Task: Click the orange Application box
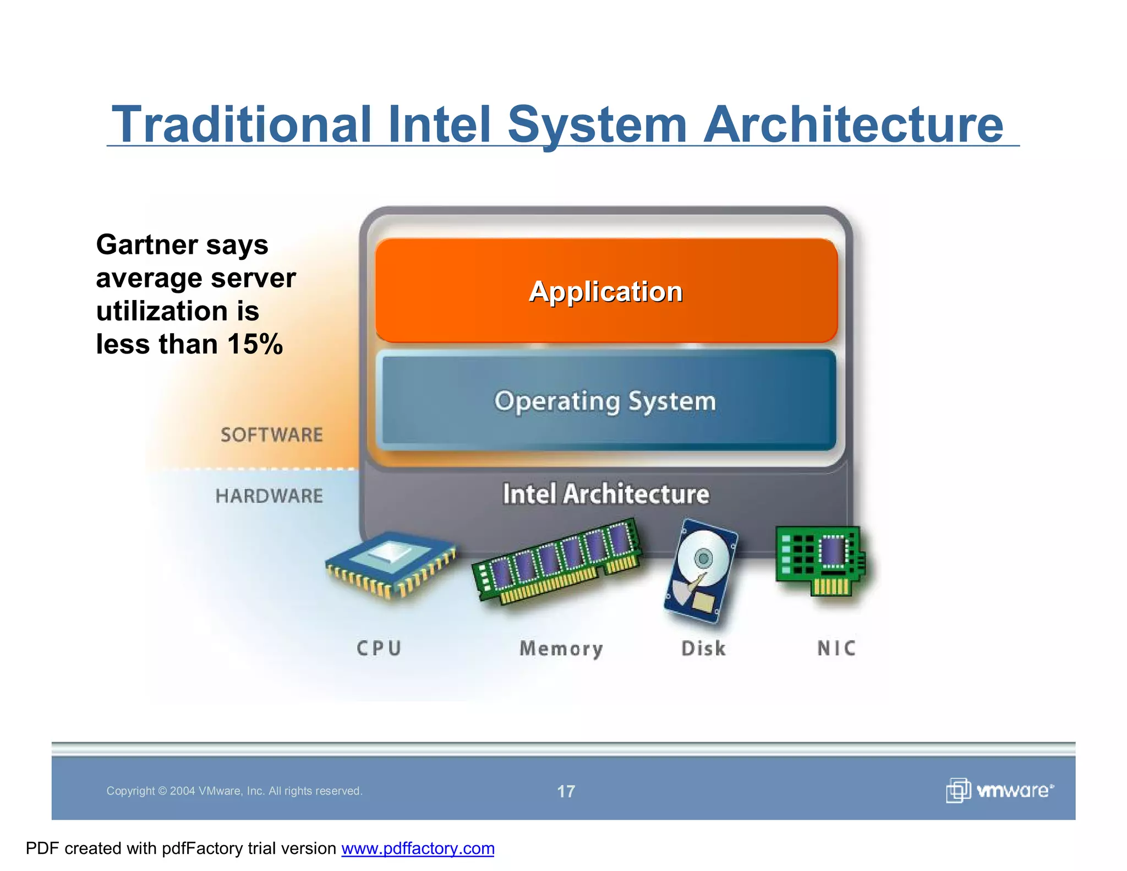click(x=606, y=291)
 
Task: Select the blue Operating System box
click(x=606, y=401)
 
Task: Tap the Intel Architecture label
click(x=606, y=494)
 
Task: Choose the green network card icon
click(x=819, y=560)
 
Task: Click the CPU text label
click(x=379, y=648)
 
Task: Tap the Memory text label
click(x=561, y=649)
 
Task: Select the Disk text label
click(x=703, y=648)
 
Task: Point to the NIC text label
click(x=836, y=648)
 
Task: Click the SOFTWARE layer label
click(x=271, y=435)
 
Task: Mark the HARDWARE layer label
click(x=269, y=496)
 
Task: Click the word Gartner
click(x=147, y=244)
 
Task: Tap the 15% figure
click(x=255, y=344)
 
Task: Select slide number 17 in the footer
click(x=566, y=791)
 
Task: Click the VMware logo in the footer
click(x=999, y=791)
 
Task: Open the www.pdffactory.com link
click(x=418, y=848)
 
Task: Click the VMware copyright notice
click(x=234, y=791)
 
